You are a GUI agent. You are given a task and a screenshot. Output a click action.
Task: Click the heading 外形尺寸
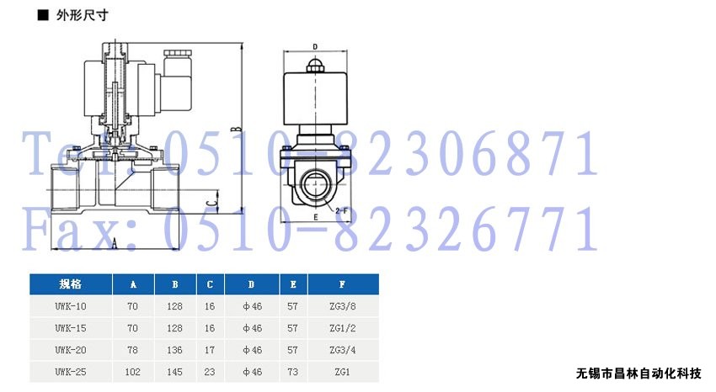click(x=83, y=15)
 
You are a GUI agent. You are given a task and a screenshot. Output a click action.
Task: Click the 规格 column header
click(x=70, y=284)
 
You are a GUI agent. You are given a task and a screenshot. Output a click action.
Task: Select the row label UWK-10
click(x=70, y=306)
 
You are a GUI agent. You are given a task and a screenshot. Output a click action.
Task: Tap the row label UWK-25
click(x=70, y=372)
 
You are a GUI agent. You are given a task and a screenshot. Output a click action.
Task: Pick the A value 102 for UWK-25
click(x=132, y=372)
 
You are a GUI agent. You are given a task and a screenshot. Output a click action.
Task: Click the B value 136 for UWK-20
click(x=174, y=350)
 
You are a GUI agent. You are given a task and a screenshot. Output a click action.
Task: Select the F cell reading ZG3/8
click(x=343, y=306)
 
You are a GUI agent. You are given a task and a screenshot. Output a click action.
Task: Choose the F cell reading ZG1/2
click(x=343, y=328)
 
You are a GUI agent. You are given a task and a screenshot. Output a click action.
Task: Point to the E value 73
click(x=292, y=372)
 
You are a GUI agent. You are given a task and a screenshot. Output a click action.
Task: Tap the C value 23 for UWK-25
click(x=210, y=372)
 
